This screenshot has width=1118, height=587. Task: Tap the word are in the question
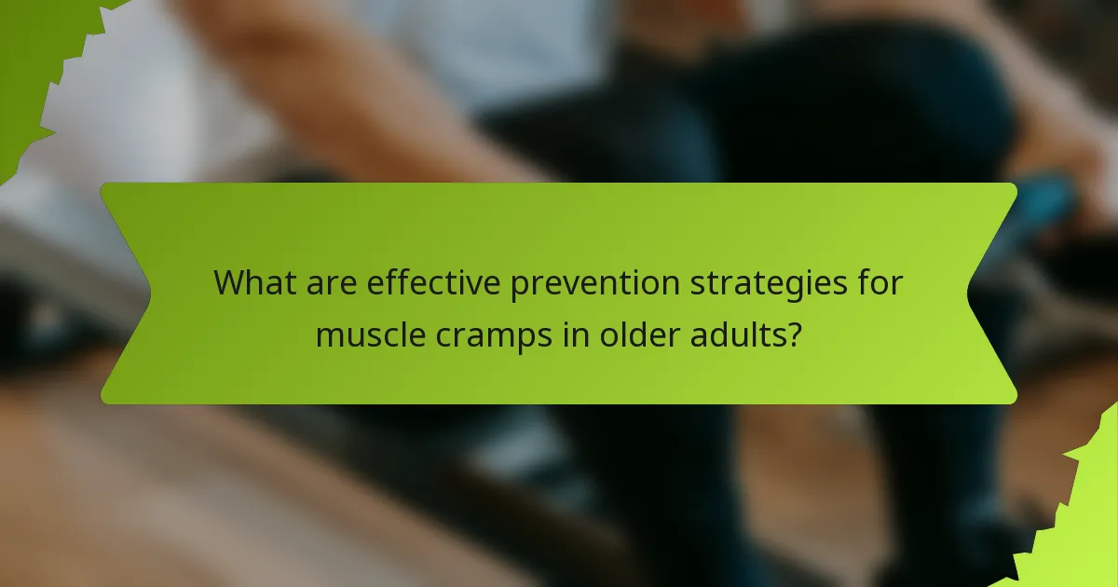click(x=329, y=283)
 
